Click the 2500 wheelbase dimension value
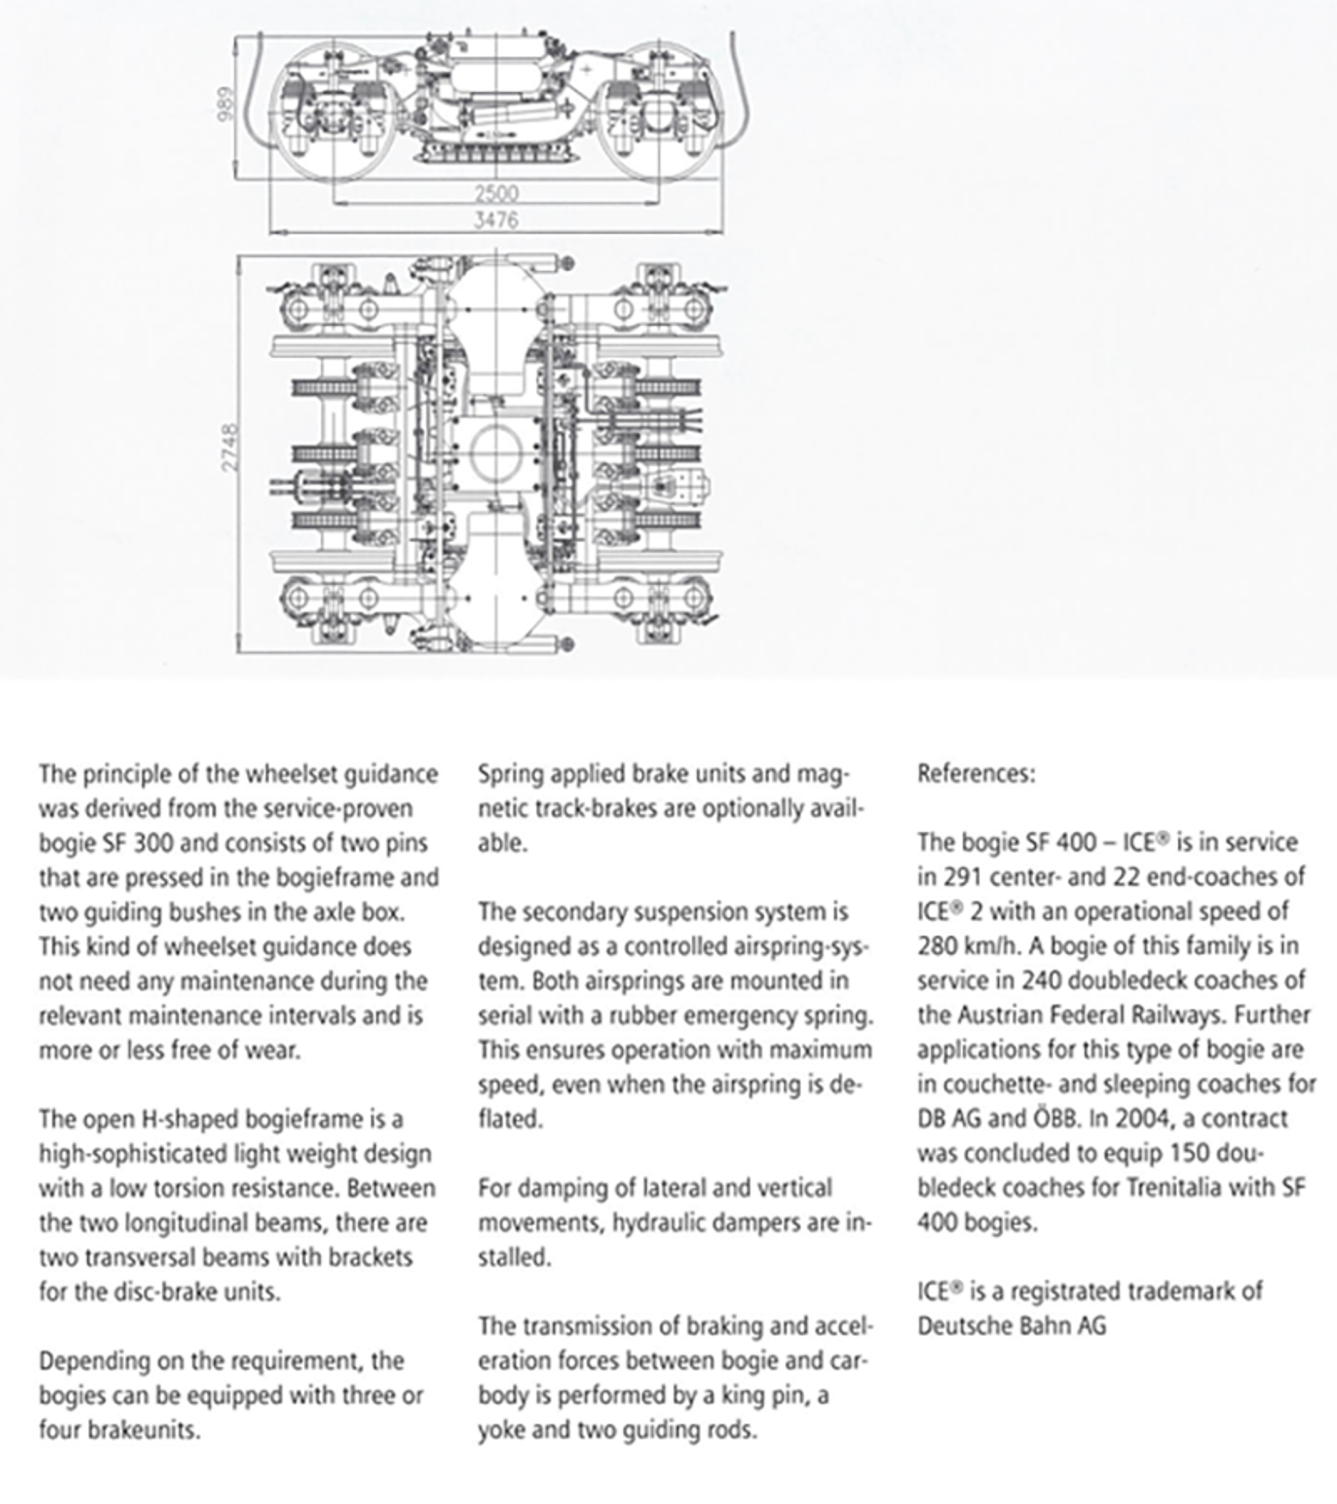pos(496,193)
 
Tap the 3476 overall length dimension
pos(496,220)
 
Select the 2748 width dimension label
pos(230,448)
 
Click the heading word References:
pos(976,774)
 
